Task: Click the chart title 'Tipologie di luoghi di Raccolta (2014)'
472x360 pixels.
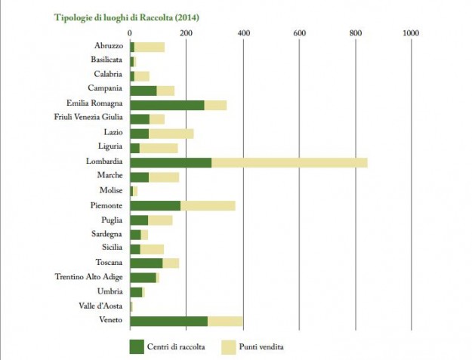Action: click(x=132, y=16)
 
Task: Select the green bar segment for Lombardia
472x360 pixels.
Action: click(x=171, y=162)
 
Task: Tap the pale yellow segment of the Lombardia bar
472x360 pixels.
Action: click(x=289, y=162)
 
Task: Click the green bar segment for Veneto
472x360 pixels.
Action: click(x=168, y=321)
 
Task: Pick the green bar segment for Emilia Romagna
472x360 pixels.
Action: click(x=167, y=105)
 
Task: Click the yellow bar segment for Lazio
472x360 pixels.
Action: click(x=171, y=134)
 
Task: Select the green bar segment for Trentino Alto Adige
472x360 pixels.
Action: click(x=143, y=278)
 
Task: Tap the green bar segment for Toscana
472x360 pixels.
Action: click(x=147, y=263)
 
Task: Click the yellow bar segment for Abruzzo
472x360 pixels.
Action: click(x=150, y=47)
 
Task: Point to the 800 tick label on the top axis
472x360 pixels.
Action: click(x=356, y=33)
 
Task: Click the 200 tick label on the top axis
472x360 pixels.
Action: click(x=187, y=33)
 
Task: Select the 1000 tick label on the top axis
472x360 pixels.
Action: click(x=412, y=33)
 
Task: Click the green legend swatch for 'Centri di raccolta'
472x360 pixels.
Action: click(x=137, y=346)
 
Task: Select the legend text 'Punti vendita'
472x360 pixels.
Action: click(x=261, y=347)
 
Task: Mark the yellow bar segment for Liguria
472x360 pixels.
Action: click(x=159, y=148)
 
